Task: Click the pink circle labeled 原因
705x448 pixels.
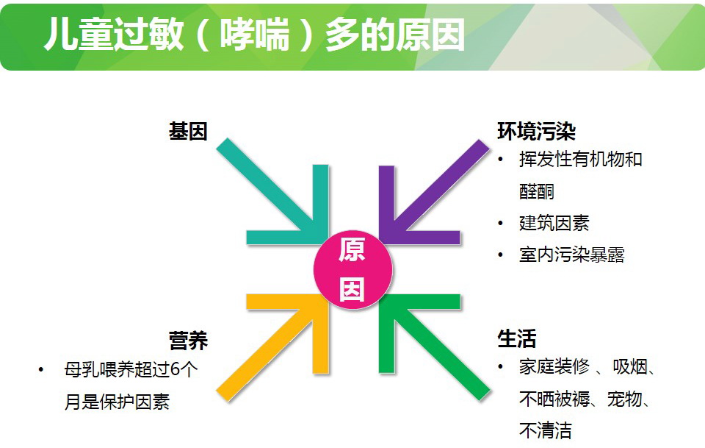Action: pos(353,269)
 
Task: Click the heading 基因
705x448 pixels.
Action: pos(188,132)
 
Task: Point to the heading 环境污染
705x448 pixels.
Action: pos(536,132)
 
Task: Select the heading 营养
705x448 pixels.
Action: pos(189,340)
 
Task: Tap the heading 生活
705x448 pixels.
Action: pos(516,338)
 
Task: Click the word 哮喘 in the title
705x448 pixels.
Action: pos(255,35)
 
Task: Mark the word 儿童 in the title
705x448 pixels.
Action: pos(79,35)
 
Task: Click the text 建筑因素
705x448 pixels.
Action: pos(554,223)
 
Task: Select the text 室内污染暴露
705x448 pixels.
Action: pos(571,255)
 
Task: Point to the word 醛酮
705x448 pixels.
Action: pos(536,191)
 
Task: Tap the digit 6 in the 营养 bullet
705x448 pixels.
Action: pos(176,370)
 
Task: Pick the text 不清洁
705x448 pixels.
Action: pos(545,430)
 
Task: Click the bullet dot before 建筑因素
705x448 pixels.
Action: pos(500,224)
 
